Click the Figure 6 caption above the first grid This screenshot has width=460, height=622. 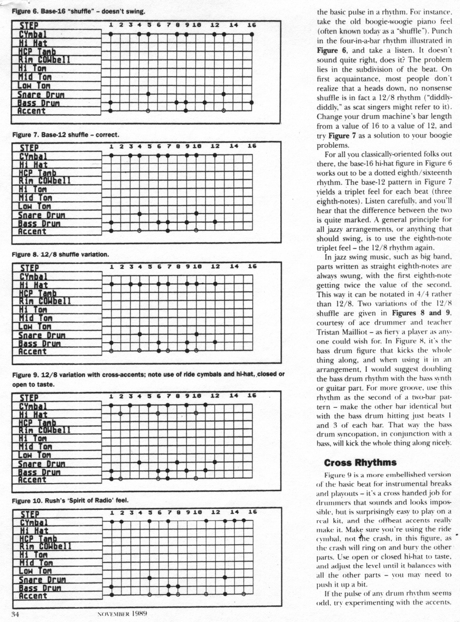[x=78, y=11]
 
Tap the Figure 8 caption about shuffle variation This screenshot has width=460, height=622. [x=61, y=254]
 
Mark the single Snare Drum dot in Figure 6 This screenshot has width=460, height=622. [x=148, y=94]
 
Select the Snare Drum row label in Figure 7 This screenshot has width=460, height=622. [x=41, y=215]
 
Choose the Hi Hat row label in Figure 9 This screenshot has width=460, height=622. [x=33, y=415]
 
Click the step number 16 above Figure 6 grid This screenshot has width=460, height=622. [x=252, y=25]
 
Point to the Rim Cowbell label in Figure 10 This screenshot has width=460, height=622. [x=45, y=546]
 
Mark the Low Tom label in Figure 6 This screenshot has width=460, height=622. [x=34, y=86]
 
